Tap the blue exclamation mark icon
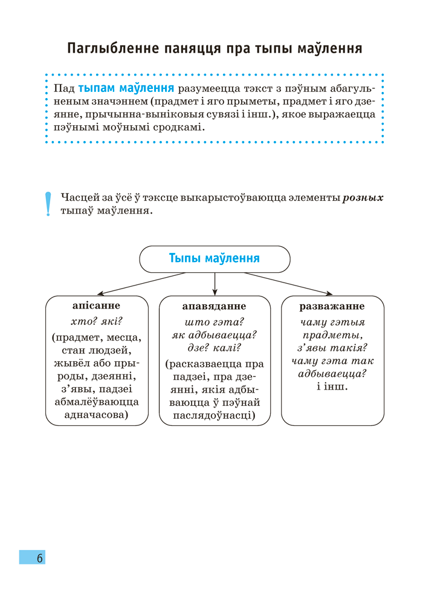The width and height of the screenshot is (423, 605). coord(49,204)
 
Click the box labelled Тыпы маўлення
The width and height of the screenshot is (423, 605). coord(215,258)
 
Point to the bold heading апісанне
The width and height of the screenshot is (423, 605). coord(96,306)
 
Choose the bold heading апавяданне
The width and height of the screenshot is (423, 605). coord(214,306)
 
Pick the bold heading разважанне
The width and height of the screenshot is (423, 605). coord(332,306)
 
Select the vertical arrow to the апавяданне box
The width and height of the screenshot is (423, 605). coord(215,283)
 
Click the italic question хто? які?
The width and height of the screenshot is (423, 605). coord(97,321)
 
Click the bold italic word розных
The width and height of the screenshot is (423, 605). coord(363,198)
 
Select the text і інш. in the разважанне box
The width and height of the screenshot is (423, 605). coord(332,388)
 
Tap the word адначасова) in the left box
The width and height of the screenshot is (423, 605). coord(97,415)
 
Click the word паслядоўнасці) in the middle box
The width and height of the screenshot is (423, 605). coord(214,416)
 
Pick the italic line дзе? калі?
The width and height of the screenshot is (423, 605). coord(214,348)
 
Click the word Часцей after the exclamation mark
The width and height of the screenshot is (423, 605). coord(78,198)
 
